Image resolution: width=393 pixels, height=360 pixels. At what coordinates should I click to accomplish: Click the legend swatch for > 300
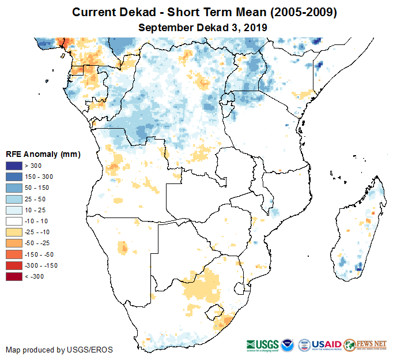(13, 166)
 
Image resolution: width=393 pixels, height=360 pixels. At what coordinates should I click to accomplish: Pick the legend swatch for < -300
(13, 276)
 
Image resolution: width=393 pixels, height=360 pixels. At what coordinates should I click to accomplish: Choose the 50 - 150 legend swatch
(13, 188)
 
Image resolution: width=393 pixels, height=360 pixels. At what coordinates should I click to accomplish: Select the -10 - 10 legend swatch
(13, 221)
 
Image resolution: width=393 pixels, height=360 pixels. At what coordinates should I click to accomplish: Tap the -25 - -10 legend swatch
(13, 232)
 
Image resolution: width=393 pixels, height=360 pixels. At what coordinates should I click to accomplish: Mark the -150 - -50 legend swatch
(13, 254)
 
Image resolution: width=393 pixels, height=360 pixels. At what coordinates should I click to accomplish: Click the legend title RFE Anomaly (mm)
(43, 154)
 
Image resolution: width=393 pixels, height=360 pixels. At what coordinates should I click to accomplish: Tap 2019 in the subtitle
(255, 27)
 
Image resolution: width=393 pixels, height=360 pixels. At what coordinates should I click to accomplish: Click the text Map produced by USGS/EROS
(59, 350)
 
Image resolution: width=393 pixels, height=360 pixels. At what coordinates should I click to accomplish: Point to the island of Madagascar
(358, 231)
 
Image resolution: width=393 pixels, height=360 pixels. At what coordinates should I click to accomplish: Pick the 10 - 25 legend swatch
(13, 210)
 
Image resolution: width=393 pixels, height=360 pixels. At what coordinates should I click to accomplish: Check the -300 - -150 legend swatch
(13, 265)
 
